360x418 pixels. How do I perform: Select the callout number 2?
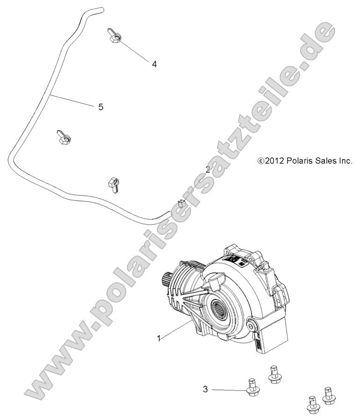tap(208, 170)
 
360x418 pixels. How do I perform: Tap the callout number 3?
tap(206, 389)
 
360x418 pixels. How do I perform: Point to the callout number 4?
tap(154, 64)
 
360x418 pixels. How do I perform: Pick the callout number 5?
tap(101, 107)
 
